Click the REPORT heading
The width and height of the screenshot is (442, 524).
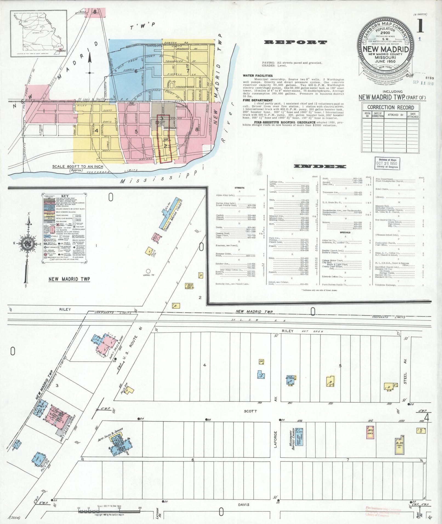[295, 42]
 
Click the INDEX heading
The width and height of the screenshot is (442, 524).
[320, 167]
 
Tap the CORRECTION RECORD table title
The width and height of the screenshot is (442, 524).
[390, 107]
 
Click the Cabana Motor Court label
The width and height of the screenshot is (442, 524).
[174, 218]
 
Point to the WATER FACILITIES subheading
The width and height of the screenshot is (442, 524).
[258, 76]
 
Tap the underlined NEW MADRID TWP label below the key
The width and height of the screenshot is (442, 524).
[69, 279]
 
